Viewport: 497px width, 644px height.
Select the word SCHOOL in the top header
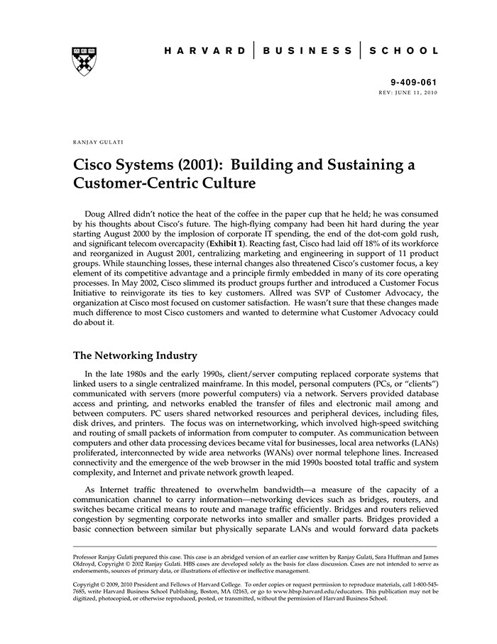[x=407, y=51]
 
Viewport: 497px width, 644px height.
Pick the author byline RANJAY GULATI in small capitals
[x=97, y=142]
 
